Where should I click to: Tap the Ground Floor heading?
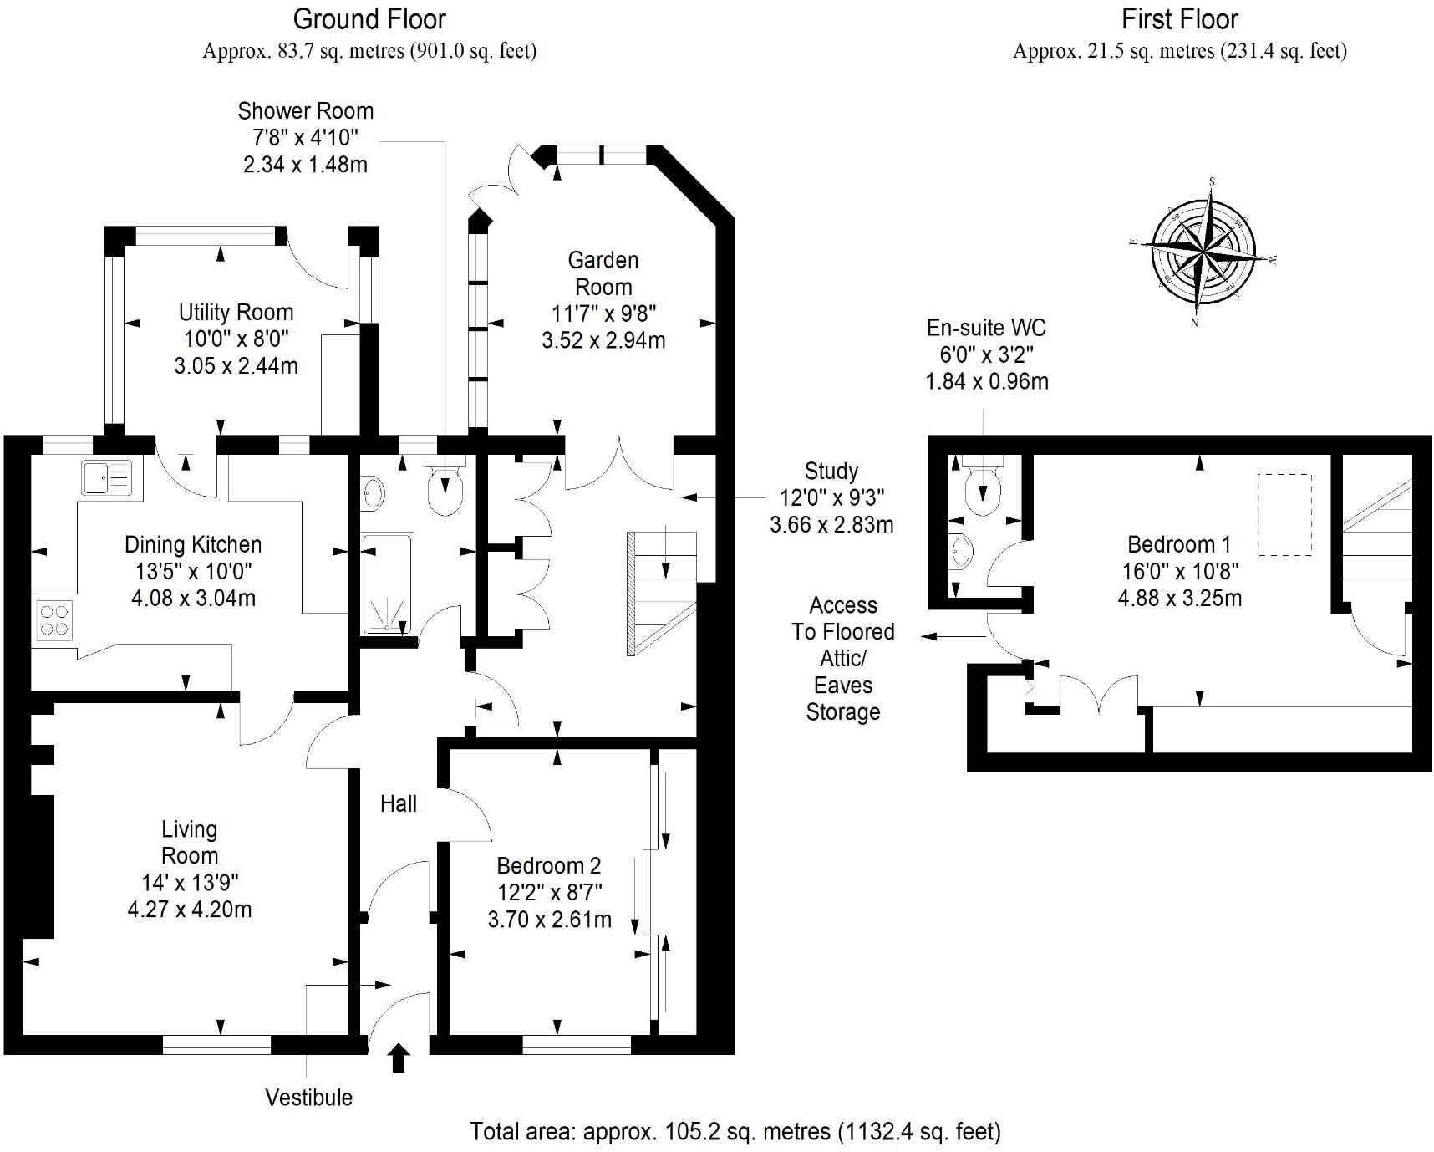(369, 18)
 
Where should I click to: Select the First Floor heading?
(1179, 18)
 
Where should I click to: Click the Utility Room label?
(236, 313)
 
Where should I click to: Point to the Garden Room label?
(603, 273)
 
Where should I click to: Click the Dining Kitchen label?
(193, 545)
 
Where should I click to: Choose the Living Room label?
(190, 842)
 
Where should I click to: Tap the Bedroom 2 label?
(548, 865)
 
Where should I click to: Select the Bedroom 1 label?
(1178, 545)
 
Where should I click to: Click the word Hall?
(398, 804)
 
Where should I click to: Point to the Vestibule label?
(308, 1098)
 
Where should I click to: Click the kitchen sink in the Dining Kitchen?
(106, 478)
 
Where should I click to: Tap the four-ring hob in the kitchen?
(54, 620)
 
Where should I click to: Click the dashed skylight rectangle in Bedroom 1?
(1284, 515)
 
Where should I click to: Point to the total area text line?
(735, 1132)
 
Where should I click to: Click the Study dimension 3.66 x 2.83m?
(831, 525)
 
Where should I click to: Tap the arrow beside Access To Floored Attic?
(953, 637)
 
